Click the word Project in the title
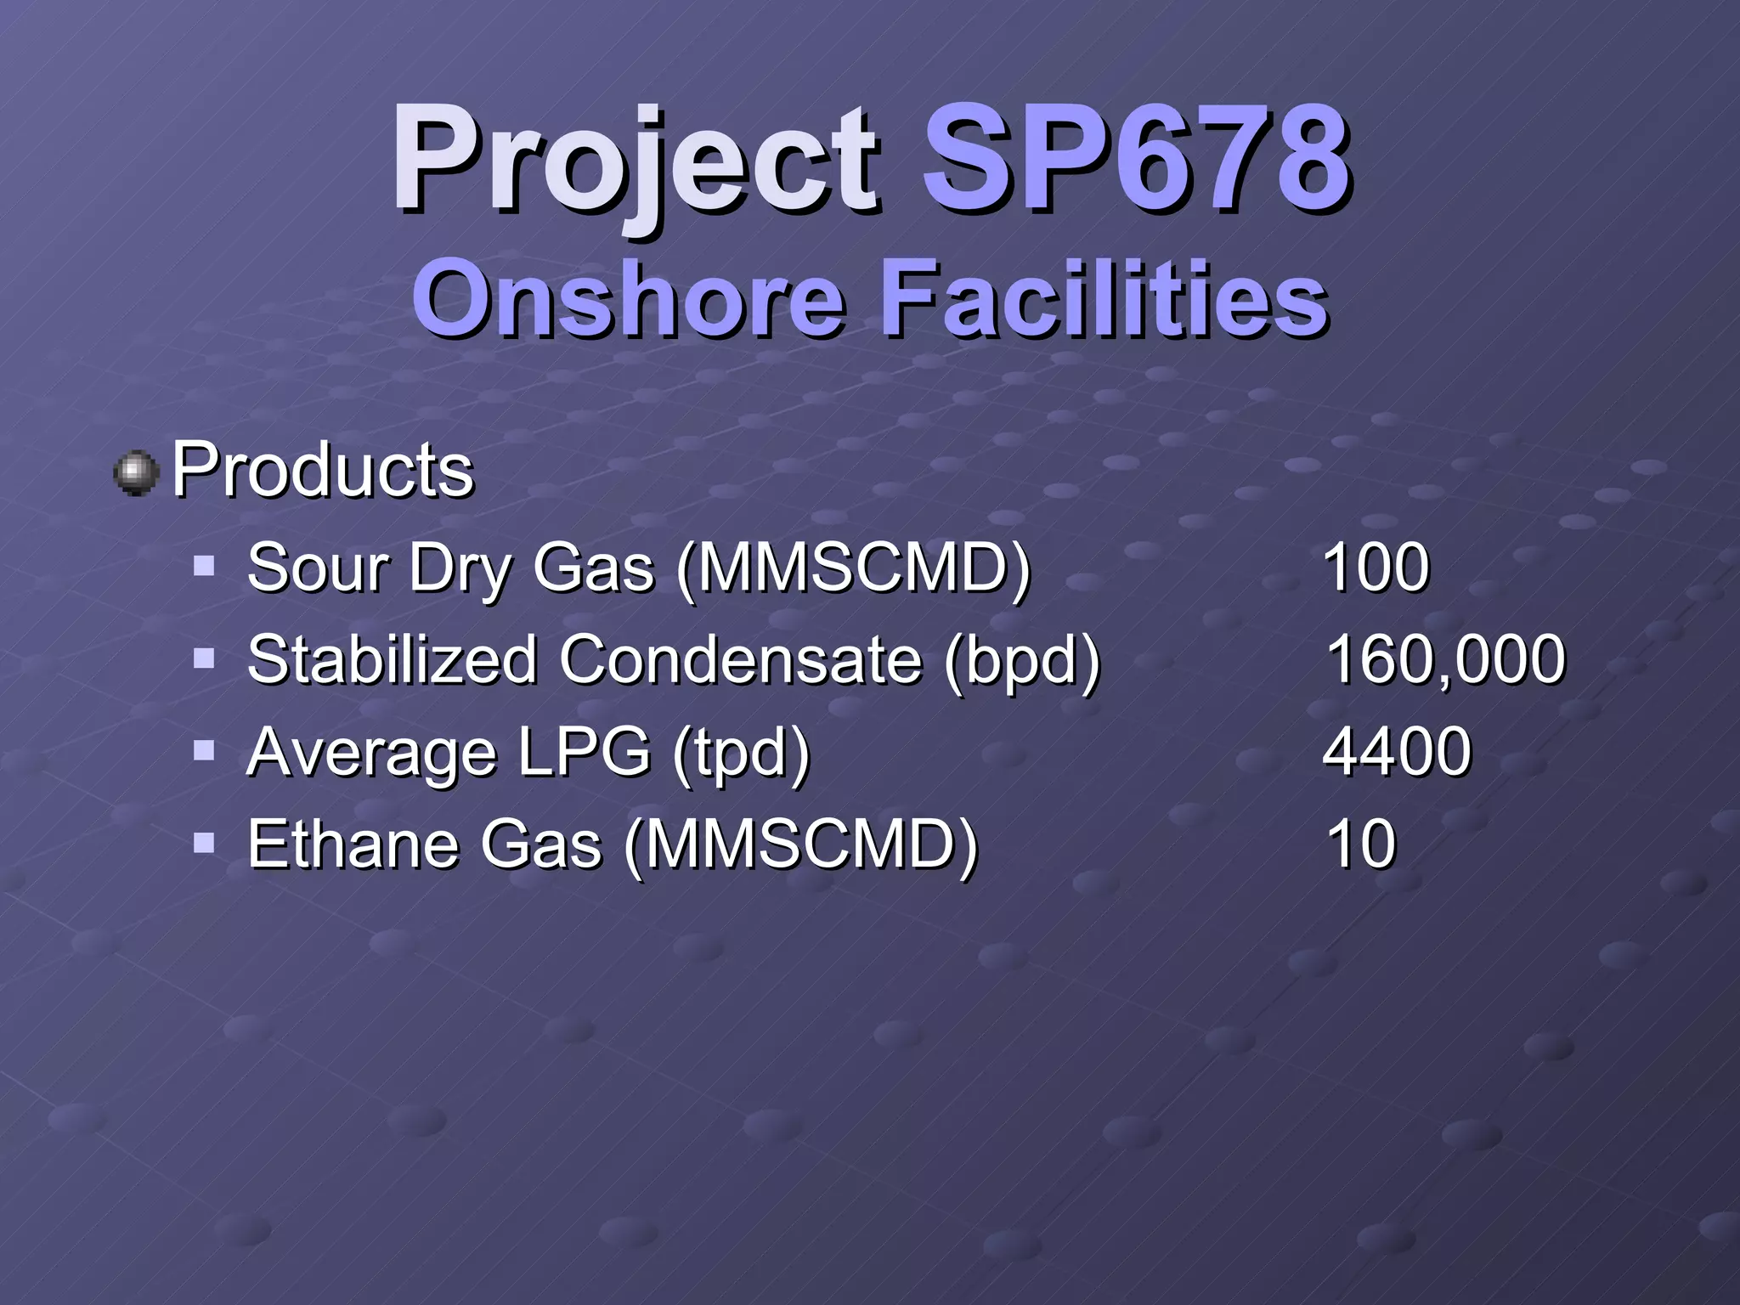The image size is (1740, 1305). pyautogui.click(x=633, y=161)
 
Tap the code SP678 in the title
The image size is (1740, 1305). pyautogui.click(x=1135, y=161)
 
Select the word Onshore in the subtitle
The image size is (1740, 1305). pyautogui.click(x=629, y=299)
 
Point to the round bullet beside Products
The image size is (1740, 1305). pyautogui.click(x=136, y=473)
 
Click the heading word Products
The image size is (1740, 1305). pyautogui.click(x=323, y=470)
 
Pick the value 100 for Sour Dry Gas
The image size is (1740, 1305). pyautogui.click(x=1376, y=568)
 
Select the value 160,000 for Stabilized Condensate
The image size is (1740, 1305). pyautogui.click(x=1444, y=660)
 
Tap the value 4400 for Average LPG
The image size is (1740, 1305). pyautogui.click(x=1397, y=752)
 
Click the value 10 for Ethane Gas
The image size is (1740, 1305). pyautogui.click(x=1360, y=845)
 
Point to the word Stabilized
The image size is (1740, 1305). pyautogui.click(x=392, y=660)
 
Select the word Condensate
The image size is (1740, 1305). pyautogui.click(x=740, y=660)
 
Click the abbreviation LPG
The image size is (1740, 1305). pyautogui.click(x=584, y=752)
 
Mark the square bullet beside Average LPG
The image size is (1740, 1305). pyautogui.click(x=204, y=750)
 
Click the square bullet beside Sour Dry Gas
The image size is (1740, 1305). pyautogui.click(x=204, y=566)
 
